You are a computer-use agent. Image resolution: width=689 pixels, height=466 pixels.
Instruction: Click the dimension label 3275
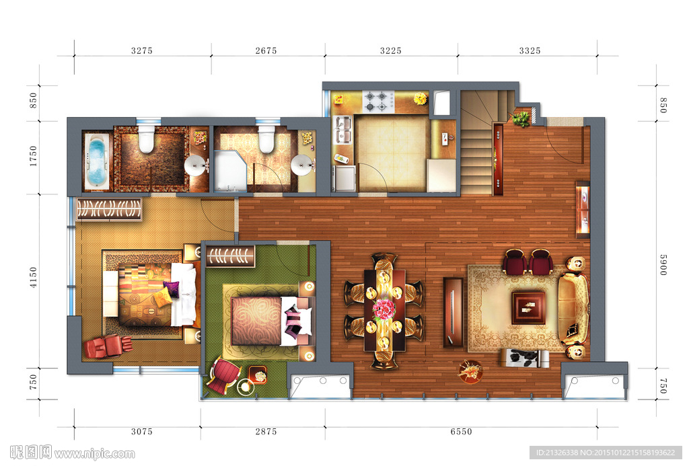click(141, 50)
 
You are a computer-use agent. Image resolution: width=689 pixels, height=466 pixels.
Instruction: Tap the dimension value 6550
click(461, 432)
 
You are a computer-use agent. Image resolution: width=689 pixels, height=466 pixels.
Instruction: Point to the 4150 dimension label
click(34, 277)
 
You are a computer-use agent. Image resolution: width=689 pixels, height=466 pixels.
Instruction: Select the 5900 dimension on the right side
click(663, 264)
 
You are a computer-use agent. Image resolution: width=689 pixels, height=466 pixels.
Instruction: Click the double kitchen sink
click(343, 130)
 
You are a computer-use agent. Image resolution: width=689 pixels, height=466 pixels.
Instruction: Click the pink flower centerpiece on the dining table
click(384, 309)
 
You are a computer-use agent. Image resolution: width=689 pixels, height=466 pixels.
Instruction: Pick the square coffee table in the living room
click(528, 307)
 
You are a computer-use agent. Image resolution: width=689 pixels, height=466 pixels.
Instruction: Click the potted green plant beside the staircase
click(521, 118)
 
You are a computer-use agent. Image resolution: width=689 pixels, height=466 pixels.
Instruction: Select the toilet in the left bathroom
click(145, 139)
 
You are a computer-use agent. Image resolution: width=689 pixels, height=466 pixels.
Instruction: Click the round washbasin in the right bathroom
click(303, 165)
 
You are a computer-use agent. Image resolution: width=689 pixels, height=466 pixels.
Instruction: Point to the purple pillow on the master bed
click(171, 289)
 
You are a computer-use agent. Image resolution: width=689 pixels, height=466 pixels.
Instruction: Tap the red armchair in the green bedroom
click(223, 374)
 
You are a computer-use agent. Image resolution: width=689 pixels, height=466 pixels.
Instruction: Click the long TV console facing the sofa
click(453, 312)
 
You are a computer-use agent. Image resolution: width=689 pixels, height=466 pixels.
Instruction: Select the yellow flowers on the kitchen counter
click(421, 98)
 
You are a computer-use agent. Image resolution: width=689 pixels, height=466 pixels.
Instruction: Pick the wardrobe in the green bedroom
click(230, 256)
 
